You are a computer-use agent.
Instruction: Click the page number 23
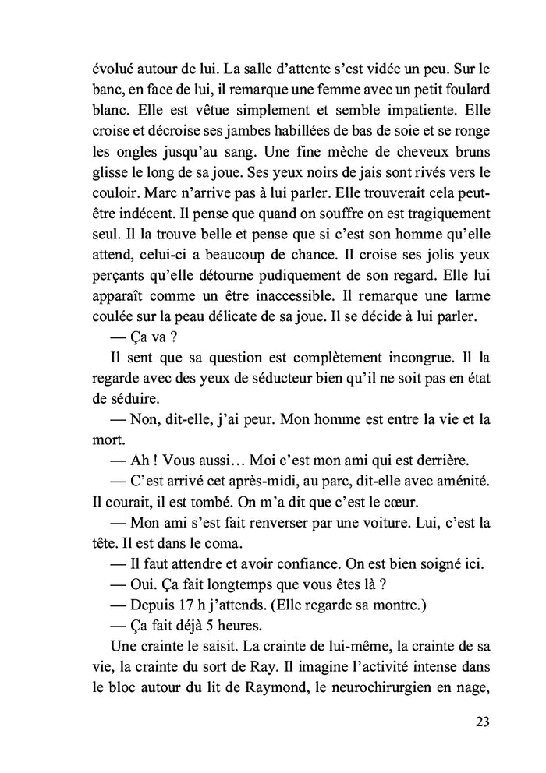[481, 722]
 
